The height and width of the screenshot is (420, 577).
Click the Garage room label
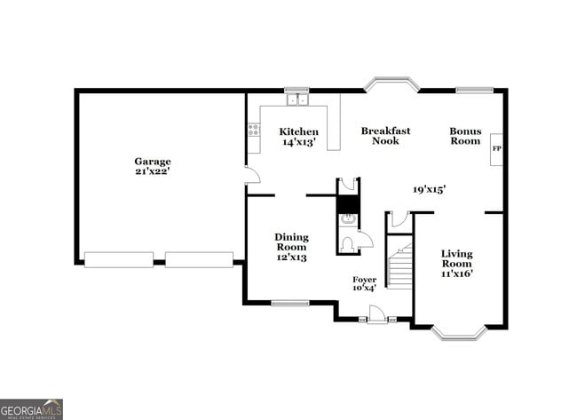click(153, 166)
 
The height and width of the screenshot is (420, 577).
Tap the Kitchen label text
click(300, 137)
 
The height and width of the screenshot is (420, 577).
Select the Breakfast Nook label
click(385, 136)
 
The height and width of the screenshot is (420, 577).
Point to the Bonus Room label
click(464, 136)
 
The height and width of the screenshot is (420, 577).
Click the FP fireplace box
click(496, 148)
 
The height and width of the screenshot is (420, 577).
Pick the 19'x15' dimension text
click(429, 189)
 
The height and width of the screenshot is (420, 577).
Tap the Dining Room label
click(291, 247)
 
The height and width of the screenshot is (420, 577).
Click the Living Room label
click(457, 263)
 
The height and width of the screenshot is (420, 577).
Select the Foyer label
click(364, 283)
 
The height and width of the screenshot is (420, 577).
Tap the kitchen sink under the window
click(296, 100)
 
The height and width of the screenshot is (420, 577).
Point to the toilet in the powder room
click(347, 242)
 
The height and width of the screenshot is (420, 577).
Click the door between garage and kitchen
click(251, 174)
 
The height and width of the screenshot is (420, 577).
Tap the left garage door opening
click(118, 259)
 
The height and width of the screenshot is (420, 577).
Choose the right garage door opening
click(199, 259)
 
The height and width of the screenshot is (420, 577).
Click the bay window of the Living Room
click(459, 333)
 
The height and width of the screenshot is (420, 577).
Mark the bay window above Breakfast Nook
click(391, 85)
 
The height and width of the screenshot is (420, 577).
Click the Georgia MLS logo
click(32, 408)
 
